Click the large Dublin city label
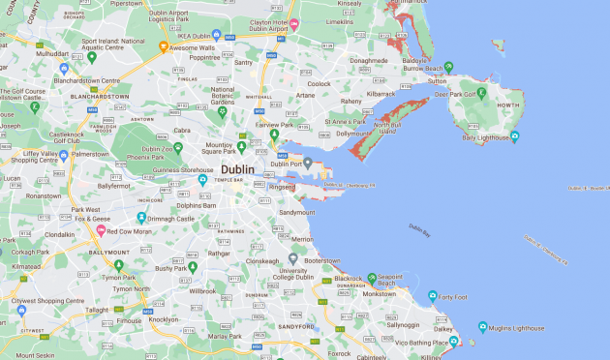(x=237, y=169)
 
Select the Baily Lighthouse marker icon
(x=515, y=136)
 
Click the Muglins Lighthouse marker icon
(x=483, y=326)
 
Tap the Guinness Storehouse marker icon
(x=202, y=179)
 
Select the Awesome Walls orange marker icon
(x=163, y=46)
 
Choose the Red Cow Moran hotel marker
(x=100, y=230)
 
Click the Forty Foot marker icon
(x=433, y=296)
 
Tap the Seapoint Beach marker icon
(x=372, y=278)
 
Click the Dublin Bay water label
(x=418, y=229)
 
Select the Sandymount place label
(x=296, y=212)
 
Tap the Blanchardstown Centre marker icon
(x=64, y=69)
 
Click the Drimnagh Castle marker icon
(x=141, y=218)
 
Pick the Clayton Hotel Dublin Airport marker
(x=295, y=21)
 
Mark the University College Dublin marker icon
(x=293, y=258)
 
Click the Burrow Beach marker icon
(x=448, y=69)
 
